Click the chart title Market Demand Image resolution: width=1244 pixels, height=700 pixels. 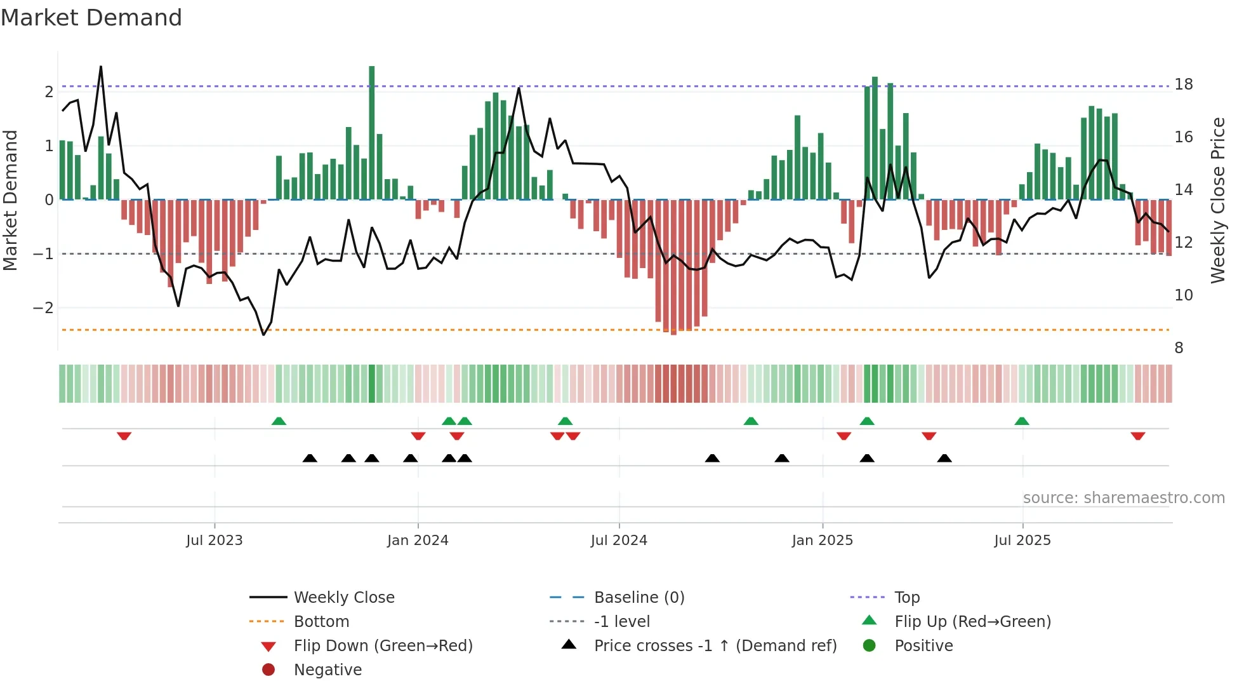91,18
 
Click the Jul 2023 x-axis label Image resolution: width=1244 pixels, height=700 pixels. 214,541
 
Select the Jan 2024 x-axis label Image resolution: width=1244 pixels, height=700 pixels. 418,541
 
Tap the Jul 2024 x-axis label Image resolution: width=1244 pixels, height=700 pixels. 619,541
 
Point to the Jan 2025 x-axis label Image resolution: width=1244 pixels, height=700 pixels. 822,541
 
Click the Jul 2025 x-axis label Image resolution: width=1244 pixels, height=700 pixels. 1022,541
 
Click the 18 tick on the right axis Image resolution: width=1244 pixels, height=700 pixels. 1183,84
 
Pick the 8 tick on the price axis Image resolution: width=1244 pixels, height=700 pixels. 1179,348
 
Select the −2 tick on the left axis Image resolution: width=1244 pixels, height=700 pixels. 44,308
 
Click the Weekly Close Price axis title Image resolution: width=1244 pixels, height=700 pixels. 1217,200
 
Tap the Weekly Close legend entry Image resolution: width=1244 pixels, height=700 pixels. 343,598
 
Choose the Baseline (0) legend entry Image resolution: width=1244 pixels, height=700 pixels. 639,598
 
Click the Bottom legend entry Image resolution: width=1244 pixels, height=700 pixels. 321,622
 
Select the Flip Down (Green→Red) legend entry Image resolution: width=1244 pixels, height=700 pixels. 383,646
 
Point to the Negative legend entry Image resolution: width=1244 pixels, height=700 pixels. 328,670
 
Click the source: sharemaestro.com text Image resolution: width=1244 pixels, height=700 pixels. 1123,498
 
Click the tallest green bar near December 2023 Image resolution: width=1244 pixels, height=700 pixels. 372,133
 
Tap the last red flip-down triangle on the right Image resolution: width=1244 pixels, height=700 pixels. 1137,436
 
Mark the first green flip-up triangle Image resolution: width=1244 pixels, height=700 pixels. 279,421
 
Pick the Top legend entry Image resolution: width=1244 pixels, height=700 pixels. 906,598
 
